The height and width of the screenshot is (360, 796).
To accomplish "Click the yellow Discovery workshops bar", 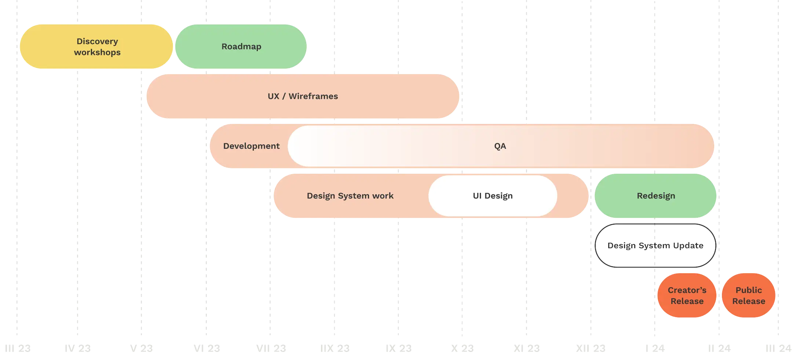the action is (96, 47).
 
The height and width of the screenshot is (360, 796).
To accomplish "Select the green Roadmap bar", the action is (241, 47).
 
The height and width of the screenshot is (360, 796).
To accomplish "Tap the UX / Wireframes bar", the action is (303, 96).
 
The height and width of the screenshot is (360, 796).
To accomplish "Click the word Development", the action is (251, 146).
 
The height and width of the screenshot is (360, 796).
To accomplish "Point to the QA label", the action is (500, 146).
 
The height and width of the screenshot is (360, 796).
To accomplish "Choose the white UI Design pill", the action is (493, 196).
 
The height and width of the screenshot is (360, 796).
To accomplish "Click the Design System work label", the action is (350, 196).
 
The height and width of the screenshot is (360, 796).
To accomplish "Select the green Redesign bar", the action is (655, 196).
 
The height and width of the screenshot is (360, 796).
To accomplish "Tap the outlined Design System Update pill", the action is (655, 246).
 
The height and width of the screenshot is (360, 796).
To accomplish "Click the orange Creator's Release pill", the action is (687, 295).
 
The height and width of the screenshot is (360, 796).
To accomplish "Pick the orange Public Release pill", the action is (749, 295).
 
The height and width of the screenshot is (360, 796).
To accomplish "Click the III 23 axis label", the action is (18, 348).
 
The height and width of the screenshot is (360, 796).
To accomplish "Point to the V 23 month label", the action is (142, 348).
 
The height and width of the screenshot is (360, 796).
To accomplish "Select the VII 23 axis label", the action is (271, 348).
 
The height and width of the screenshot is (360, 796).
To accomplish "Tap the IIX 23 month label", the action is (335, 348).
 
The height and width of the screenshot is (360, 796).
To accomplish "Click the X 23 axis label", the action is (462, 348).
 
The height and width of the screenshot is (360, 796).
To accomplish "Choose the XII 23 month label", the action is (591, 348).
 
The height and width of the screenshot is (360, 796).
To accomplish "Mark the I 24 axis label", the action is (655, 348).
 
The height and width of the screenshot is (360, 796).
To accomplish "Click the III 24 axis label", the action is (778, 348).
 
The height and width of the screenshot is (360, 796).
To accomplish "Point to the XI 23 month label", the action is (527, 348).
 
